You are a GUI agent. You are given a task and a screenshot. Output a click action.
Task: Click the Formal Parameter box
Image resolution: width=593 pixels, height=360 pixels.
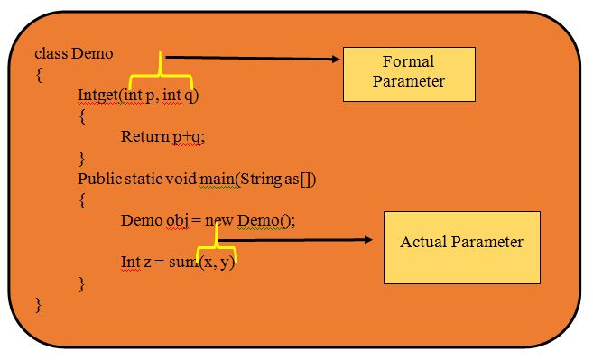point(408,72)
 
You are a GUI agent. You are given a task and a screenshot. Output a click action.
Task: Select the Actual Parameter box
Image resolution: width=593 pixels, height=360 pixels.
point(461,247)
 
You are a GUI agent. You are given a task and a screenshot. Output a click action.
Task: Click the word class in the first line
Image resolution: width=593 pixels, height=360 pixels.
point(51,53)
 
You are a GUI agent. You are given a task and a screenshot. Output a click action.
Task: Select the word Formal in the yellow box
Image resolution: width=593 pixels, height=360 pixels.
point(408,62)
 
